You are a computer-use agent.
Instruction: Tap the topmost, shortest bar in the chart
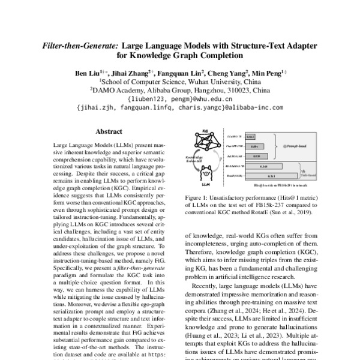click(251, 137)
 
